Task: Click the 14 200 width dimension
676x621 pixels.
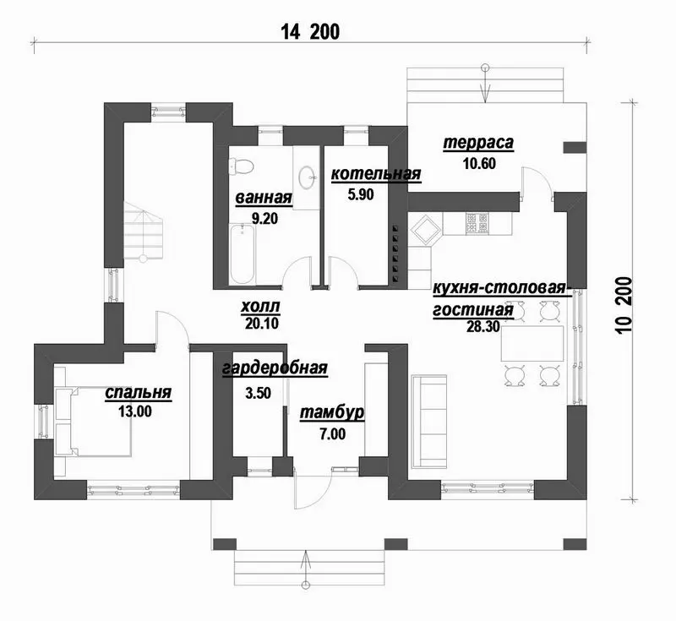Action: [x=310, y=32]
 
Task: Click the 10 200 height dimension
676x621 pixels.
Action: [x=625, y=305]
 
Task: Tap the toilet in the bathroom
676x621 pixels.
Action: [x=241, y=166]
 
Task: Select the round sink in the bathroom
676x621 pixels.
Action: [x=307, y=178]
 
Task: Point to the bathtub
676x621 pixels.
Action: [x=243, y=254]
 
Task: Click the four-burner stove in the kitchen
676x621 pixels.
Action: [x=477, y=223]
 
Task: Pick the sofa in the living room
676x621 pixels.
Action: [x=429, y=421]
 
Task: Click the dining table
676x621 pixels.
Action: [x=532, y=344]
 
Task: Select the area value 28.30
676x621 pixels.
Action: [x=482, y=327]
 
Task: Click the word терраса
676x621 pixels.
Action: [x=478, y=143]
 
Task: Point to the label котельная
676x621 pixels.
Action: [x=375, y=174]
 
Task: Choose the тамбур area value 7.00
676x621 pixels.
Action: [x=332, y=433]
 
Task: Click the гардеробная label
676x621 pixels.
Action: [x=275, y=368]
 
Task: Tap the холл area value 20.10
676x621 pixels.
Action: [x=262, y=324]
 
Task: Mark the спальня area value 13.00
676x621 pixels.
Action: [x=135, y=411]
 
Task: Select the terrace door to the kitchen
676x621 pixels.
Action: [x=537, y=183]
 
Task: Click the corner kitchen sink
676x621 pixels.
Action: [x=426, y=231]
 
